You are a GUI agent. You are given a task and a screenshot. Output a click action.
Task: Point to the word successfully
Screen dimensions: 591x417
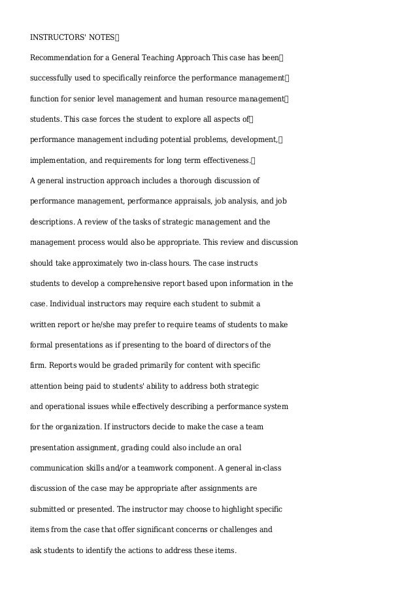click(54, 78)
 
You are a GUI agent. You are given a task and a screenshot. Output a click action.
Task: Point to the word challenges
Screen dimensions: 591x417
click(239, 529)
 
